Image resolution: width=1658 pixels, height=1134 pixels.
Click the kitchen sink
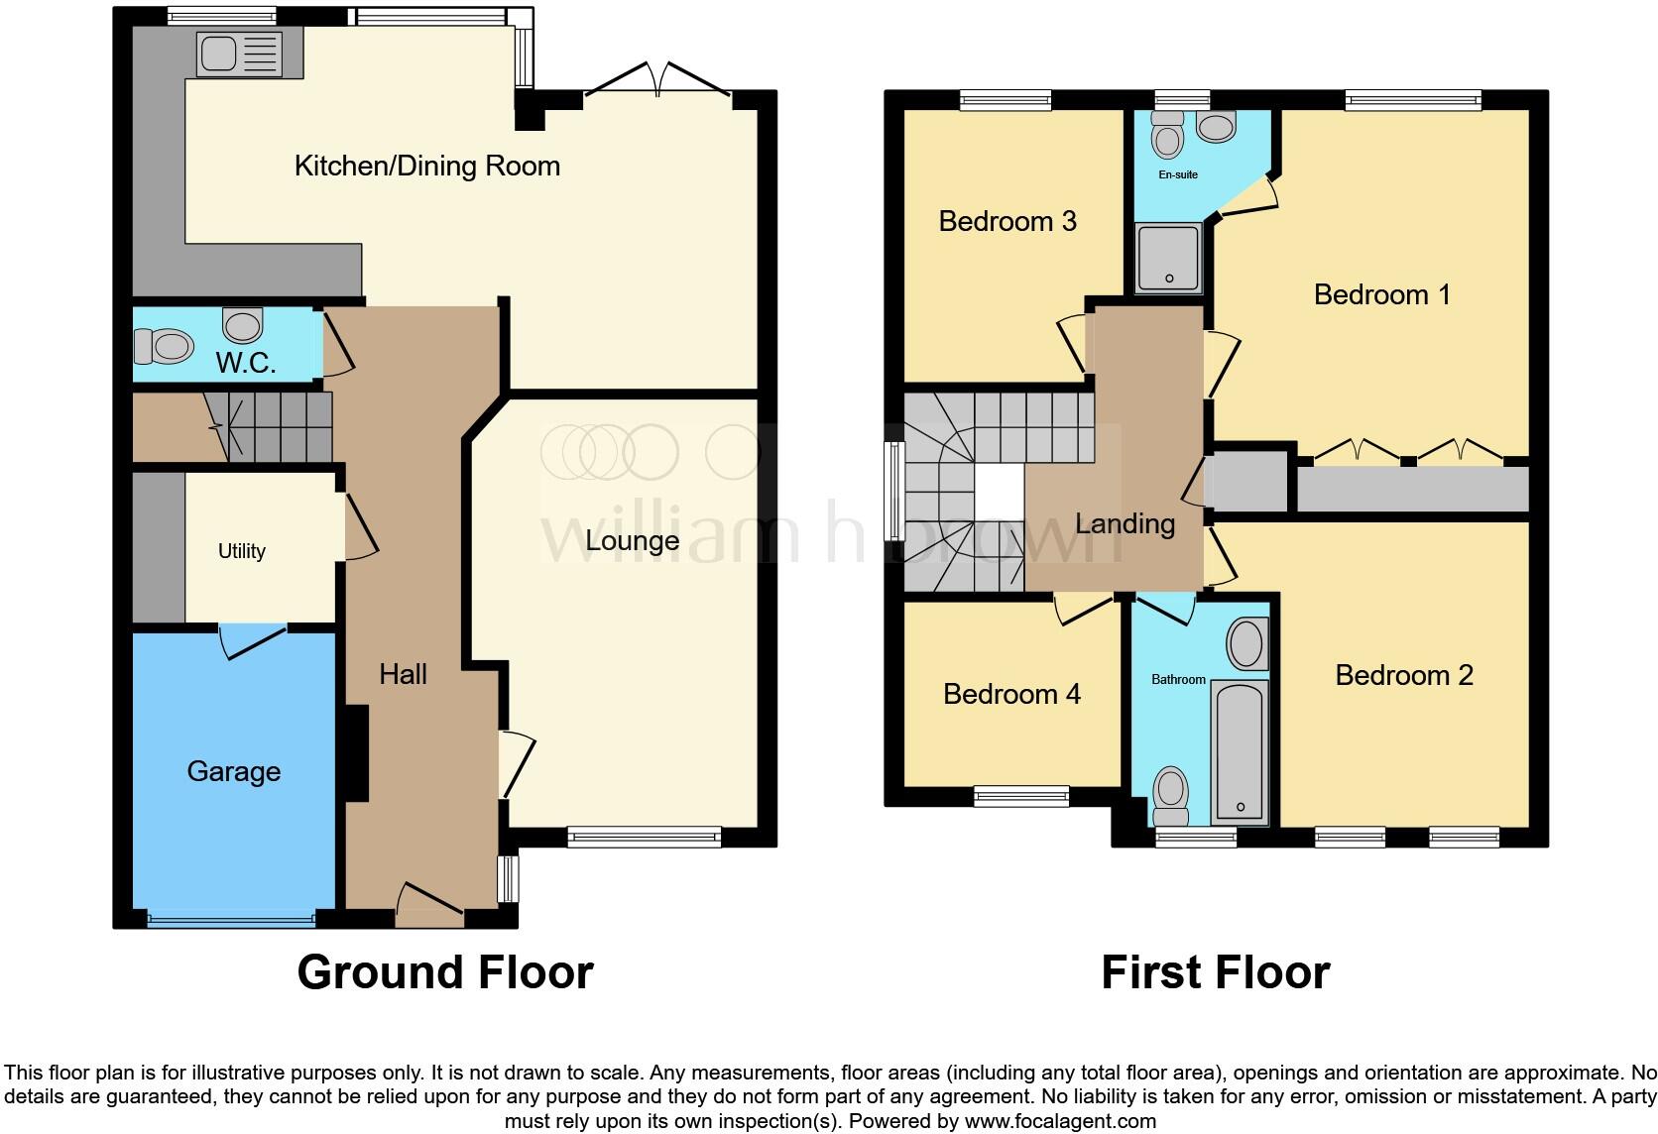coord(239,54)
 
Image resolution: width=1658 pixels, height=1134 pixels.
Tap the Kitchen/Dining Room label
coord(427,166)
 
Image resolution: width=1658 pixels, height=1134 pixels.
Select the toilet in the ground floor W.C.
coord(163,347)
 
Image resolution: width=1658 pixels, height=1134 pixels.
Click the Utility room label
coord(242,551)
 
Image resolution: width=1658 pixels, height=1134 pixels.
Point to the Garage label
coord(233,771)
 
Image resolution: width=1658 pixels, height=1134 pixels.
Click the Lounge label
coord(632,540)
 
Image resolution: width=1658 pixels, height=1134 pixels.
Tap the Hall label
coord(403,674)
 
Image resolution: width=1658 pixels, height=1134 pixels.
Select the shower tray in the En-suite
coord(1169,259)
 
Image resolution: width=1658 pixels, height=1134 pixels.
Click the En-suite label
coord(1178,174)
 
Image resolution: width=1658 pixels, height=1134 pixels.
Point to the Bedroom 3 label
coord(1007,221)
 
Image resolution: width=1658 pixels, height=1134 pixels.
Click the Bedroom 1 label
coord(1381,294)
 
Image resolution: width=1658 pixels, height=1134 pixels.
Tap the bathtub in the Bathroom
coord(1241,751)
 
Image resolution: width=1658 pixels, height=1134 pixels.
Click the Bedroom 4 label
coord(1011,694)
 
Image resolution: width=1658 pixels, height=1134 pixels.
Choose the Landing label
coord(1125,523)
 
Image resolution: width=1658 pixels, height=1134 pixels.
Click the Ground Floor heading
coord(445,972)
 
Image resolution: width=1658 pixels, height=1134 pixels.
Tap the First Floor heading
coord(1215,972)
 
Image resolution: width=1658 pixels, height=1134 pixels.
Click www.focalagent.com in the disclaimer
coord(1059,1122)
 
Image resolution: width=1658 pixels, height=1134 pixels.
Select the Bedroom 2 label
coord(1403,675)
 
